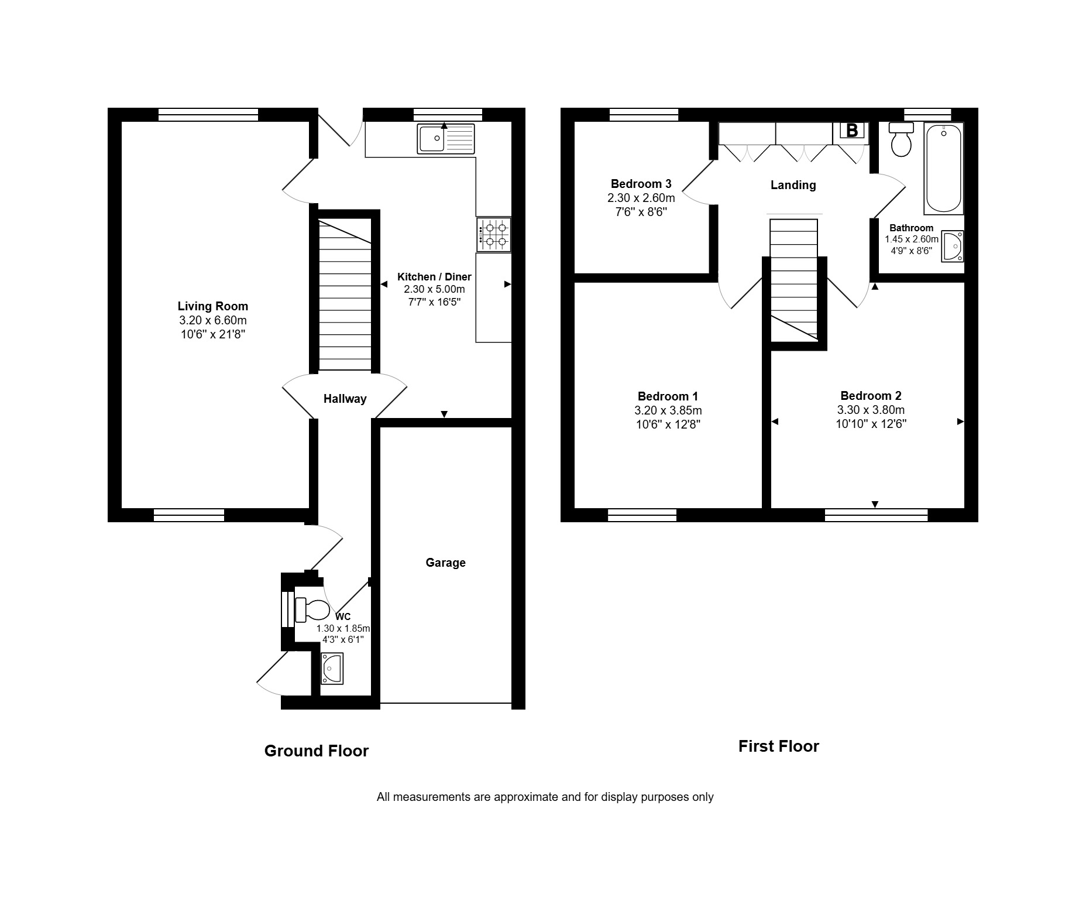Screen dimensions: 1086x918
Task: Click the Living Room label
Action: pos(213,306)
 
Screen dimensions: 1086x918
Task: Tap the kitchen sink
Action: pos(446,139)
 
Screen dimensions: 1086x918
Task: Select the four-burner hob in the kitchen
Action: pos(494,235)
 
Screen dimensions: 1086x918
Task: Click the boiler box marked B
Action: pos(852,131)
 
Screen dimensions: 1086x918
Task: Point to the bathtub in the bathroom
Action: pos(944,169)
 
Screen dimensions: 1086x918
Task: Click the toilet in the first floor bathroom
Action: pos(901,139)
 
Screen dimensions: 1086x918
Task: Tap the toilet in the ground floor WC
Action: pos(312,610)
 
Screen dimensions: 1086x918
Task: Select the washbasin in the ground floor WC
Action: pos(332,669)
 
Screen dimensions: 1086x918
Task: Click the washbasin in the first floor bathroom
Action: pos(952,246)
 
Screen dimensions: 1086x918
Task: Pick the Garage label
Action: pos(446,563)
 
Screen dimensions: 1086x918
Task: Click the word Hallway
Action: pos(345,399)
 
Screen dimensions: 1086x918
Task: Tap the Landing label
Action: pos(793,185)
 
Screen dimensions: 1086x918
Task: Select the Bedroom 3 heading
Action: pos(641,184)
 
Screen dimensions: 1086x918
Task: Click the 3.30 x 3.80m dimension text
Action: pos(871,410)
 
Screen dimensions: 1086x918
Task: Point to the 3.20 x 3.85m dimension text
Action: pos(668,410)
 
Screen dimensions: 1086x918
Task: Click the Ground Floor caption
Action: pos(317,751)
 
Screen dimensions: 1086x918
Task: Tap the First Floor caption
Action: pos(779,746)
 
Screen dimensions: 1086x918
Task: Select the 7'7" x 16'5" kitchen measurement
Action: pos(434,303)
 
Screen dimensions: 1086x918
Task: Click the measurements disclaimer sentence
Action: pos(545,797)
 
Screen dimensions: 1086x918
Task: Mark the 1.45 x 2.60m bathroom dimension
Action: pos(912,239)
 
